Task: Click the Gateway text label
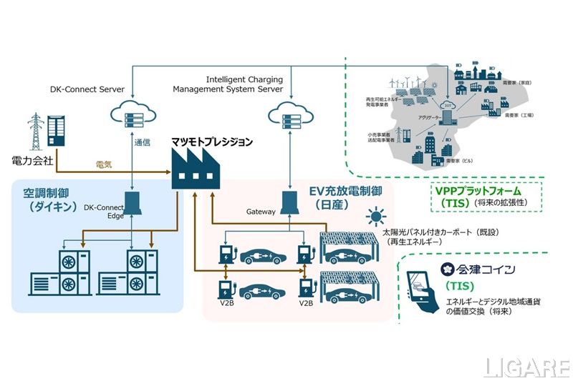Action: pyautogui.click(x=261, y=212)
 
